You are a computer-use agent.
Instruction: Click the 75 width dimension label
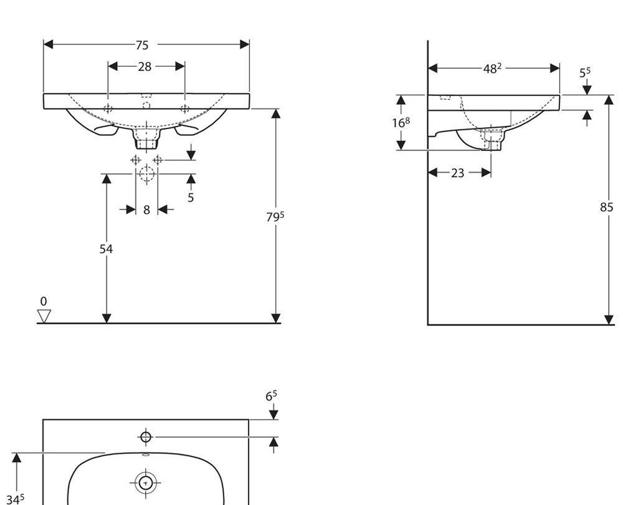coord(142,46)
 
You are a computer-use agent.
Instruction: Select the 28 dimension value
coord(145,67)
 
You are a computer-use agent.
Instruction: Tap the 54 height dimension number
coord(106,249)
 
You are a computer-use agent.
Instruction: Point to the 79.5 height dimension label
coord(275,216)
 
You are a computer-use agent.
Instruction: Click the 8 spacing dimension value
coord(146,209)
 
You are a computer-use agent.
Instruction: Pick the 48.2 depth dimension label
coord(492,69)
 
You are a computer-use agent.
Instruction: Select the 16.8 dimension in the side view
coord(401,122)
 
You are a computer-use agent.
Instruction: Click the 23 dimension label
coord(458,173)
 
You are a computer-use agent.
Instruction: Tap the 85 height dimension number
coord(607,207)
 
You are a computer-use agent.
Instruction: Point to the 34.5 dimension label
coord(16,499)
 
